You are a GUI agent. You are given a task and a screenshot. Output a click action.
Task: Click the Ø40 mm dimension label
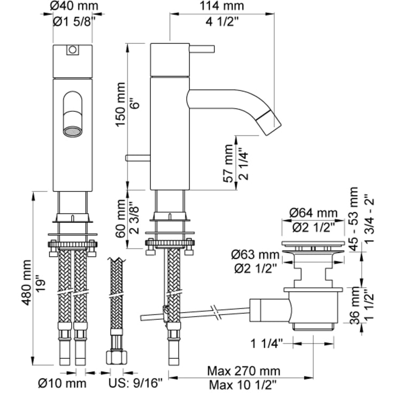pyautogui.click(x=74, y=5)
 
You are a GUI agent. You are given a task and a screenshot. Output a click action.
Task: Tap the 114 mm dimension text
pyautogui.click(x=221, y=5)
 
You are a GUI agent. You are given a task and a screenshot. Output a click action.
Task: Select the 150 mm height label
pyautogui.click(x=120, y=104)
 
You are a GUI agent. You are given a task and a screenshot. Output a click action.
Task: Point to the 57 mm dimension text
pyautogui.click(x=228, y=163)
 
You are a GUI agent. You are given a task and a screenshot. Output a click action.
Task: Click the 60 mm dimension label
pyautogui.click(x=120, y=218)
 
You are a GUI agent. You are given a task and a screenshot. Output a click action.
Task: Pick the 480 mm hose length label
pyautogui.click(x=27, y=283)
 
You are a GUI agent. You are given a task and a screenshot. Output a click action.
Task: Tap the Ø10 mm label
pyautogui.click(x=62, y=383)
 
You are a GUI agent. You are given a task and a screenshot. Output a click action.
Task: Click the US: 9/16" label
pyautogui.click(x=136, y=383)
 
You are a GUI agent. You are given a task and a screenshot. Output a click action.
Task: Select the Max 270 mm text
pyautogui.click(x=244, y=371)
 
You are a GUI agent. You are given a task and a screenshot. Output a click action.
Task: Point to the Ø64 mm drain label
pyautogui.click(x=313, y=213)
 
